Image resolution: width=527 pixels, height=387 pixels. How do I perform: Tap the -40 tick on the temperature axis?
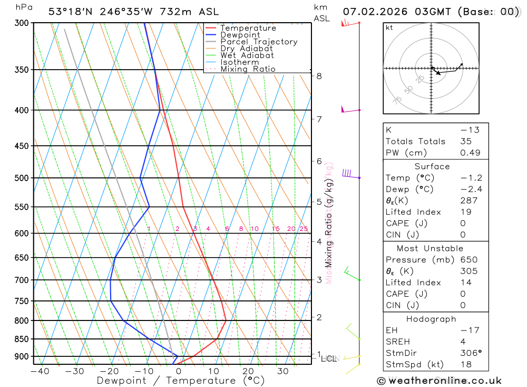tap(40, 371)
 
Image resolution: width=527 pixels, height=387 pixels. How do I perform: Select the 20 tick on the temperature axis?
tap(248, 371)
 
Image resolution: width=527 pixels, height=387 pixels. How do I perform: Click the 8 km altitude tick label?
tap(319, 76)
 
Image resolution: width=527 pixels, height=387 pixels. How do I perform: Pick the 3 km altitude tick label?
tap(319, 280)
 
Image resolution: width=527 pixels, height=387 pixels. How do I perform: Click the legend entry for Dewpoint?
tap(240, 35)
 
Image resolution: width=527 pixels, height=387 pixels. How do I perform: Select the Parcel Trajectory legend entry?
tap(258, 42)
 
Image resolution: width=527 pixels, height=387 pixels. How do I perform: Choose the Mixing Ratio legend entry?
tap(248, 69)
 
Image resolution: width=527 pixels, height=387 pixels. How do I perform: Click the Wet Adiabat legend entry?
tap(247, 55)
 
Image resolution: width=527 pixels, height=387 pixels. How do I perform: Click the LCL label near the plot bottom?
tap(328, 359)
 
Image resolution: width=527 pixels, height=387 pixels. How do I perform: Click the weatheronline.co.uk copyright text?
tap(440, 381)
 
